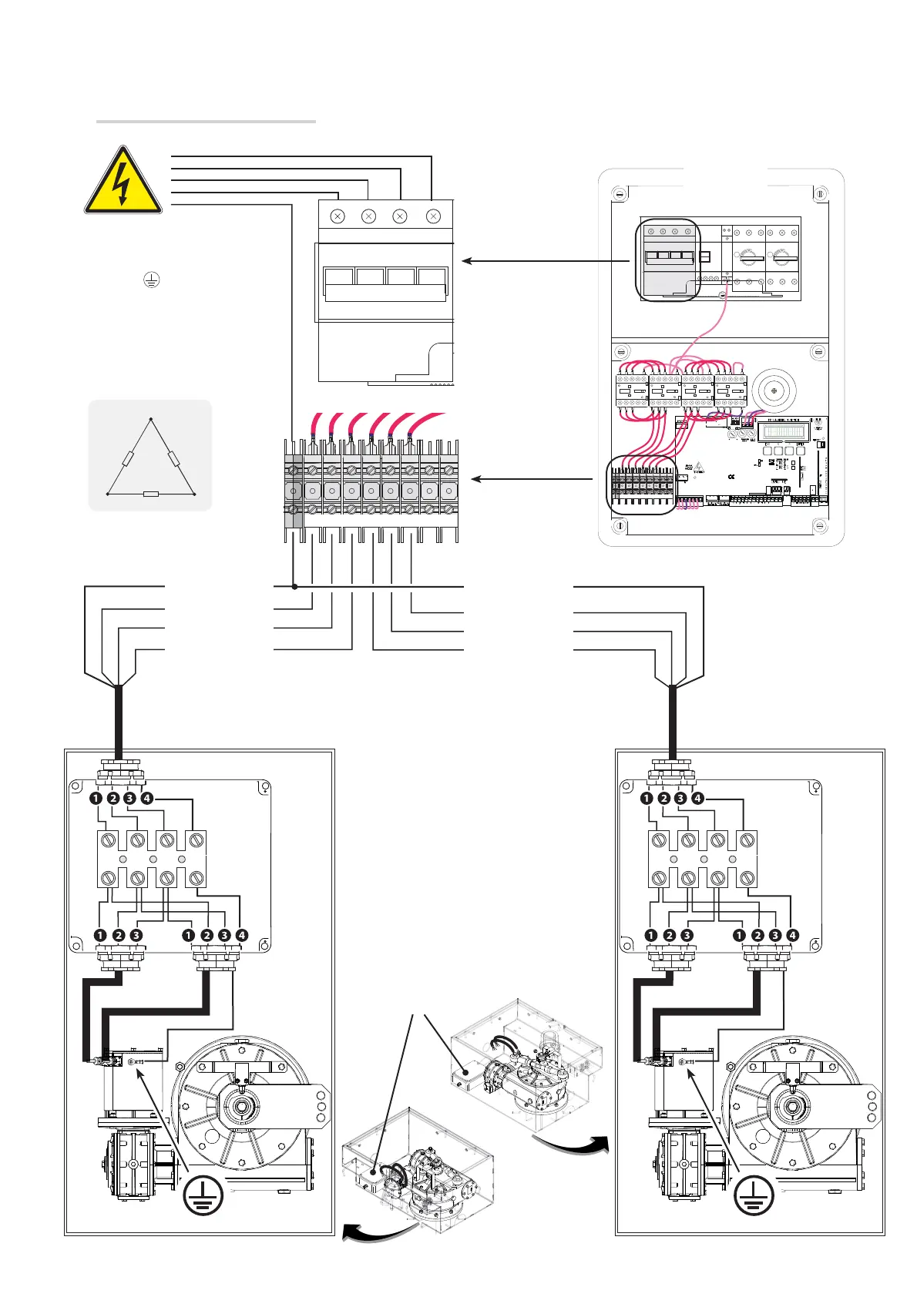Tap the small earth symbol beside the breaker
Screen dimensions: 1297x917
[x=152, y=280]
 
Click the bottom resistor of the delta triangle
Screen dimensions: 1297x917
[x=151, y=494]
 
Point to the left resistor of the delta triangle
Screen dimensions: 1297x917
[x=128, y=458]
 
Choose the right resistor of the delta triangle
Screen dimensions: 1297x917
[x=173, y=458]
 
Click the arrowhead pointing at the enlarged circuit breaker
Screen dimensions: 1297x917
[x=467, y=261]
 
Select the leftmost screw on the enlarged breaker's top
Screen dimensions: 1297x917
[x=338, y=216]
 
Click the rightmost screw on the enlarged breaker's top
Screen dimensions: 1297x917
[x=433, y=216]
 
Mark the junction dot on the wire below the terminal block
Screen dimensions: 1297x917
[x=294, y=587]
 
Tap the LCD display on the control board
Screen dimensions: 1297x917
[x=784, y=431]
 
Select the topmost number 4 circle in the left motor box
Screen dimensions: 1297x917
[x=147, y=798]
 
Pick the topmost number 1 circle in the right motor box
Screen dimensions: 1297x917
[x=647, y=798]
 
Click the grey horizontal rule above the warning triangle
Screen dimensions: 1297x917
[x=206, y=121]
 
